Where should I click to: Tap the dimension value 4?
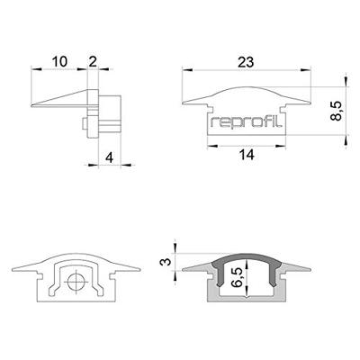point(109,158)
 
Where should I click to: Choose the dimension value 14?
point(246,155)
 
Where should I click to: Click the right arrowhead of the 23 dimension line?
point(307,71)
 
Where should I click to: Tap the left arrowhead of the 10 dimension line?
point(33,71)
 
